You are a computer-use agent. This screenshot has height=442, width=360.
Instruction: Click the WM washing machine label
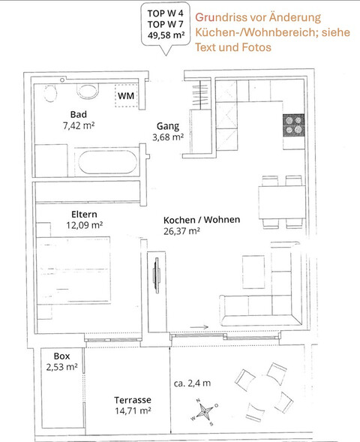(x=126, y=96)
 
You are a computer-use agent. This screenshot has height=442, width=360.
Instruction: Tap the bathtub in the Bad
(x=107, y=162)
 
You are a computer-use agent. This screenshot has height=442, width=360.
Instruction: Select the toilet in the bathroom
(x=88, y=91)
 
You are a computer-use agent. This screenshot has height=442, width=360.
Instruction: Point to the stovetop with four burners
(x=294, y=125)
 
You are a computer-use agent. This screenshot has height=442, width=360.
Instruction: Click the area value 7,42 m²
(x=79, y=126)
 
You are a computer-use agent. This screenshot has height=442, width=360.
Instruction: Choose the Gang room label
(x=168, y=126)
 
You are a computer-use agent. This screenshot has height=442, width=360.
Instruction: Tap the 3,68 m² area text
(x=168, y=137)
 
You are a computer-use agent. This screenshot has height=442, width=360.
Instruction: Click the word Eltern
(x=84, y=214)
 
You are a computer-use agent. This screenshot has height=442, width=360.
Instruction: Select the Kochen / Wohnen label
(x=202, y=220)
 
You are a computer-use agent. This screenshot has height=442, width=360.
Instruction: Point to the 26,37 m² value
(x=181, y=231)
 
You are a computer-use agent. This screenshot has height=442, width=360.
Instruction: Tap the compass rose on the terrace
(x=204, y=412)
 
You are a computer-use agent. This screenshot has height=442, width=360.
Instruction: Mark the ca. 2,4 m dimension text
(x=192, y=383)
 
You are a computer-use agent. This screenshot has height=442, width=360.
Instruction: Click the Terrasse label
(x=133, y=400)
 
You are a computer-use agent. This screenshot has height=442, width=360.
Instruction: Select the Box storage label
(x=61, y=356)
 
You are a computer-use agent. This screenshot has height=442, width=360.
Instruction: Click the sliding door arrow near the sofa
(x=199, y=327)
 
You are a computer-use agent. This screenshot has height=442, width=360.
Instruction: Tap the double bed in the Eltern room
(x=73, y=270)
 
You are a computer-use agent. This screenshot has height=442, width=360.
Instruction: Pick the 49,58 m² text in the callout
(x=166, y=35)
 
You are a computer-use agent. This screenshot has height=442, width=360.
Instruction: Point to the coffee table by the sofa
(x=253, y=272)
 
